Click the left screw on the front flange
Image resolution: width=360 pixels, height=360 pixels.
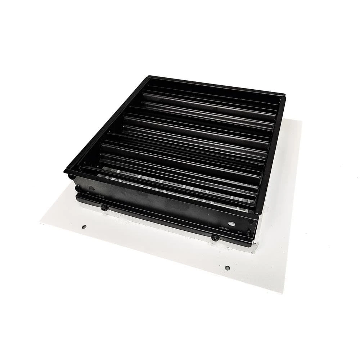point(104,208)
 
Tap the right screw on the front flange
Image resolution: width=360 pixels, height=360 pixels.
point(215,238)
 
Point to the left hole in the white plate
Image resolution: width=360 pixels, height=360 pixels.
point(84,227)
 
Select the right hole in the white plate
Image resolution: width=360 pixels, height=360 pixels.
point(227,268)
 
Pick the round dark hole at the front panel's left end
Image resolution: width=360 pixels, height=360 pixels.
point(92,188)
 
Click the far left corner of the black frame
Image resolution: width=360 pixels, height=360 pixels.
point(149,77)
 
